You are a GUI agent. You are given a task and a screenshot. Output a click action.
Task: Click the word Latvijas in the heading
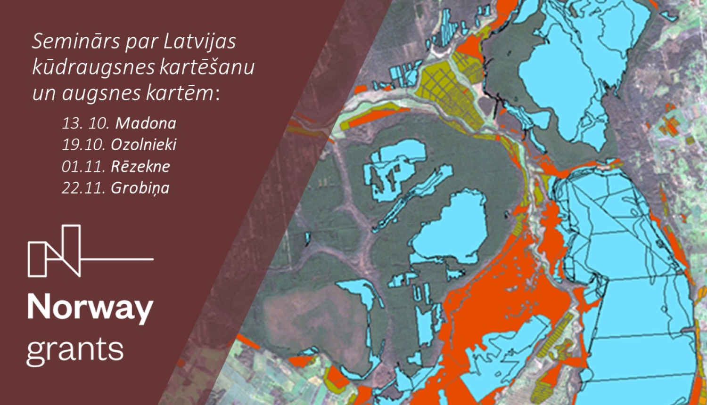[x=200, y=42]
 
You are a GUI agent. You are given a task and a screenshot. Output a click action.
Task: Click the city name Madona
[x=146, y=123]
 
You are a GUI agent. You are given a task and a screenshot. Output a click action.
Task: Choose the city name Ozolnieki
[x=143, y=145]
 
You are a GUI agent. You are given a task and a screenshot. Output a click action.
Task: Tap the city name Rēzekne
[x=140, y=166]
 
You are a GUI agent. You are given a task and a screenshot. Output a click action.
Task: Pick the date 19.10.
[x=83, y=145]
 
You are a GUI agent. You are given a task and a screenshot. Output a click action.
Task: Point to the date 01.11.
[x=83, y=166]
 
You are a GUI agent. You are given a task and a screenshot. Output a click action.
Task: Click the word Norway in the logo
[x=90, y=308]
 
